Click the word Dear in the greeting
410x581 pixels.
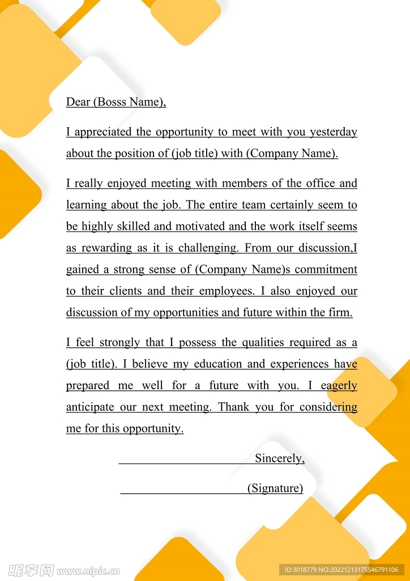[x=78, y=102]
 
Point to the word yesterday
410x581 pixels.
[x=333, y=132]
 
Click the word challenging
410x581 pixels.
[x=208, y=248]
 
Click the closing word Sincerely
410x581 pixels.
[x=280, y=458]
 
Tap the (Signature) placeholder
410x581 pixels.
[x=275, y=488]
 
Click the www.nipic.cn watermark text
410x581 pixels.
[x=88, y=570]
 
